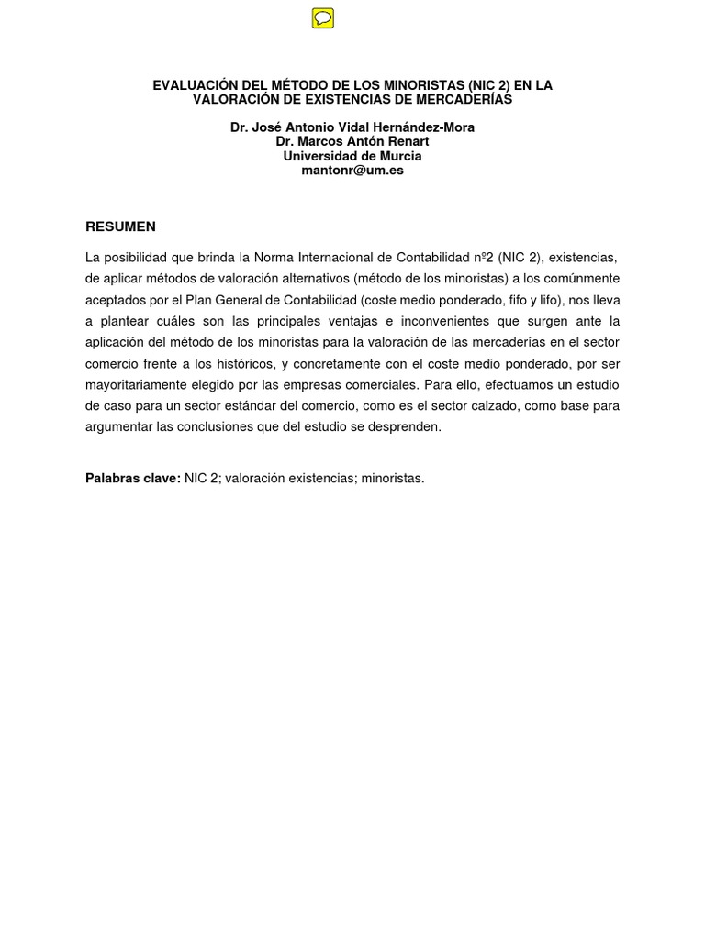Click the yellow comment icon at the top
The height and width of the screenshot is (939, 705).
(x=322, y=18)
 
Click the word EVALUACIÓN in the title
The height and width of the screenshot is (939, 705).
(x=194, y=85)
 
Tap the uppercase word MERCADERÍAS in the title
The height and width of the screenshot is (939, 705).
(x=458, y=99)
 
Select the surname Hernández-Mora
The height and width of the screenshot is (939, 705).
(x=429, y=127)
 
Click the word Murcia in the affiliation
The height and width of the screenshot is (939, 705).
(x=400, y=156)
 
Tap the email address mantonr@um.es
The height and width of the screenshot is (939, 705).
(x=352, y=171)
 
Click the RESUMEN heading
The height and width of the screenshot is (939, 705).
(x=120, y=226)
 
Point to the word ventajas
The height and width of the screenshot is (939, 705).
(x=325, y=320)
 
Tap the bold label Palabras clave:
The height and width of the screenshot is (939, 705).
(x=133, y=479)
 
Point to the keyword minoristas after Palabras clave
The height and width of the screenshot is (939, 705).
(x=392, y=479)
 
